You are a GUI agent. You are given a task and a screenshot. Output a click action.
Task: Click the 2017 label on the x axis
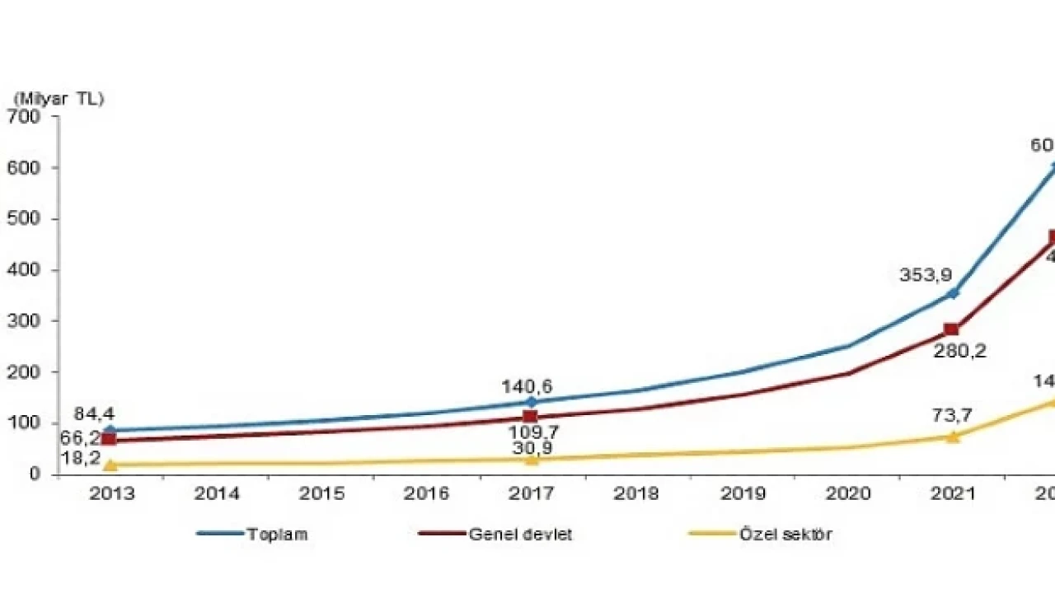pos(532,494)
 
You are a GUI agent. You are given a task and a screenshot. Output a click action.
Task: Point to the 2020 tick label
pos(848,494)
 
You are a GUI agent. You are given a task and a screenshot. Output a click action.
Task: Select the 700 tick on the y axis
pos(23,117)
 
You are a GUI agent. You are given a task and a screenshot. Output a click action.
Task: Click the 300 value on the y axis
pos(23,321)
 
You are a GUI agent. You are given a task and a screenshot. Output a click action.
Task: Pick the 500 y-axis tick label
pos(23,219)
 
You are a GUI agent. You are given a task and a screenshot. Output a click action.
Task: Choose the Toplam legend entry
pos(277,534)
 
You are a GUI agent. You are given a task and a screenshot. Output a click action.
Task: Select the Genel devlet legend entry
pos(520,534)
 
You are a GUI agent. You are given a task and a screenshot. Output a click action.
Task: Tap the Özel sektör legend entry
pos(785,534)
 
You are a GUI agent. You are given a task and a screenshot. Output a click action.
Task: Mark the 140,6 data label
pos(527,386)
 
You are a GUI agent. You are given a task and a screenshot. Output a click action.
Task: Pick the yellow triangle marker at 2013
pos(110,465)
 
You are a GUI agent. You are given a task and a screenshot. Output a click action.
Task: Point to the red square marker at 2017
pos(530,418)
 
